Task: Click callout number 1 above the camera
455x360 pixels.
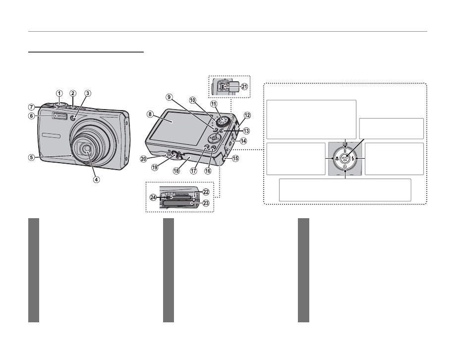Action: (59, 93)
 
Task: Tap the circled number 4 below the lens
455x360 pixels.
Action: (97, 179)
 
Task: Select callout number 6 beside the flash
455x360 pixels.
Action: (31, 116)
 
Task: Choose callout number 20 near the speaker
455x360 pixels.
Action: (143, 159)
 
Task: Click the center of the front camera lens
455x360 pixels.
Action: (87, 149)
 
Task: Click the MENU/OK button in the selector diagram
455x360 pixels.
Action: (345, 158)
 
